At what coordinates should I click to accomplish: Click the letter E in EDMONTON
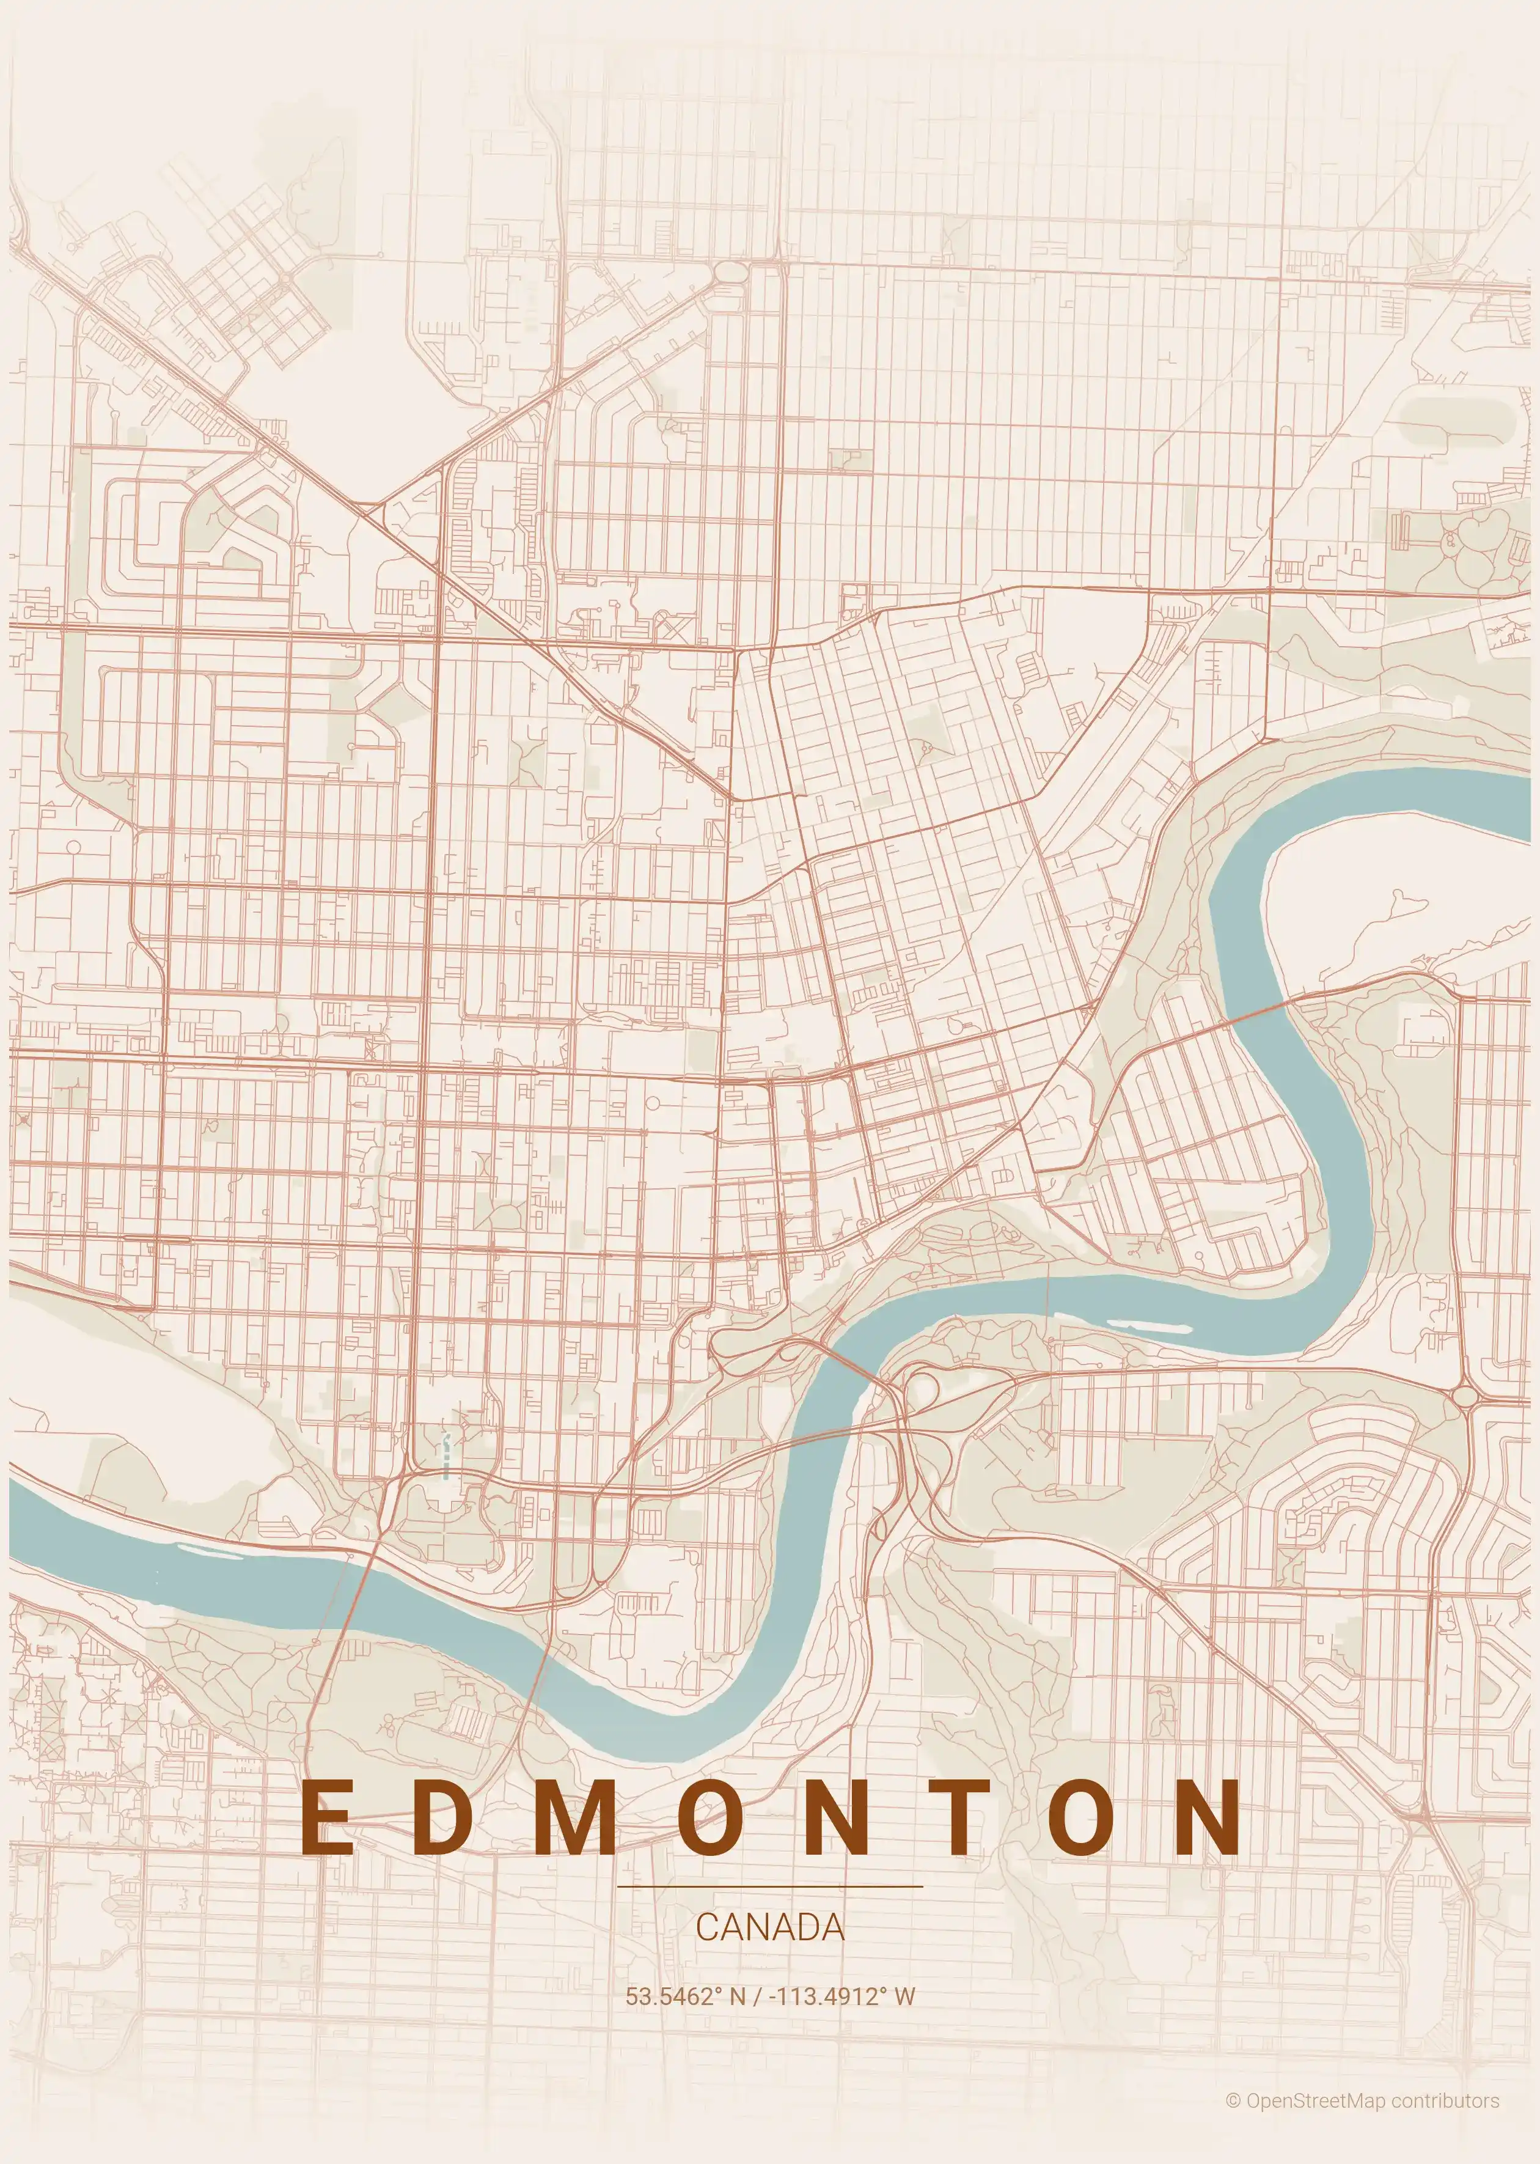(326, 1816)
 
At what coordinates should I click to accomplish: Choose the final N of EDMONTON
(1206, 1816)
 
